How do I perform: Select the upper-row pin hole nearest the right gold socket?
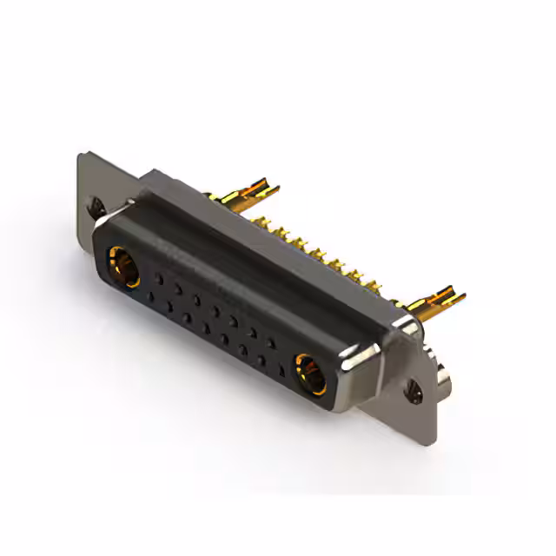point(272,342)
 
